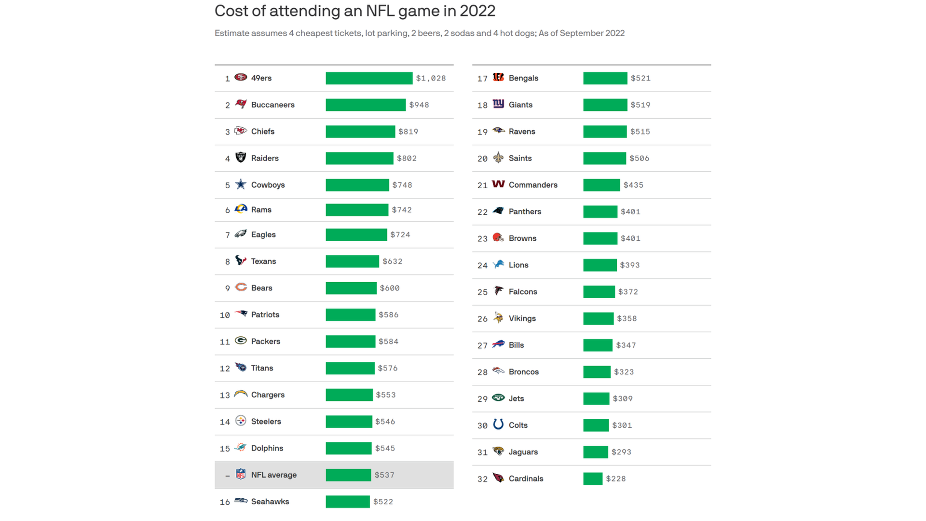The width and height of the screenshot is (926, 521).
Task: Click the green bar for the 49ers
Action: click(369, 78)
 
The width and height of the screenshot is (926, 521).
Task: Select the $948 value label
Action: click(419, 105)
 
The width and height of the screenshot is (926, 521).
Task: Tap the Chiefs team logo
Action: click(241, 131)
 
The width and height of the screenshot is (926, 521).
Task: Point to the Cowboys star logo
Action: click(241, 184)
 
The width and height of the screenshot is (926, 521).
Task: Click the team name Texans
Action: click(263, 261)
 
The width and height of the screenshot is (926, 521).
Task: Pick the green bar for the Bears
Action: click(351, 288)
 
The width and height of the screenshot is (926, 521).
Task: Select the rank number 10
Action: click(225, 315)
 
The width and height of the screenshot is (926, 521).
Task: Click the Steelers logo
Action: click(241, 421)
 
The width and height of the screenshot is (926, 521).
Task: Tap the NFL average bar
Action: click(348, 475)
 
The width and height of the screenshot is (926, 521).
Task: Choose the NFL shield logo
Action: click(241, 474)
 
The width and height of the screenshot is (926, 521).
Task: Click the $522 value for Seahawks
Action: click(383, 502)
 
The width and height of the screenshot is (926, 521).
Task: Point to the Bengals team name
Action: click(523, 78)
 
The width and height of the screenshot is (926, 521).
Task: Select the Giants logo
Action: click(498, 104)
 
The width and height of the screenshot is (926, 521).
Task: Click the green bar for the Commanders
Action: click(601, 185)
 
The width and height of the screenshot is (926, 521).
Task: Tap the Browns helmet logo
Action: click(498, 237)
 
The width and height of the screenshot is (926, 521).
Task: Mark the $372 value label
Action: click(628, 292)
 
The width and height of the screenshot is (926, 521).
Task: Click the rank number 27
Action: click(482, 345)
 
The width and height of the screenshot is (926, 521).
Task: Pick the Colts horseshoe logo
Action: click(498, 424)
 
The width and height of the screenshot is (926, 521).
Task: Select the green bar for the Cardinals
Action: click(593, 479)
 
